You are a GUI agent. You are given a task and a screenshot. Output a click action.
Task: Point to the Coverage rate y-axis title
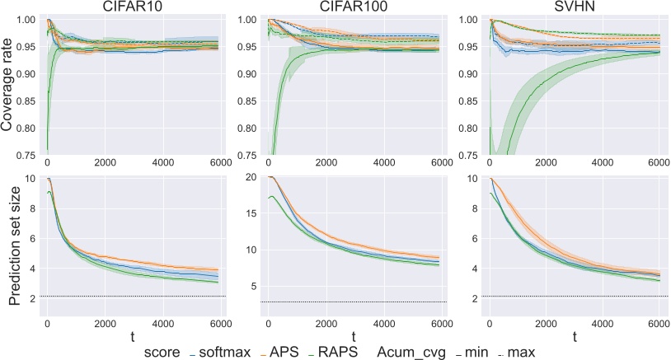tap(7, 86)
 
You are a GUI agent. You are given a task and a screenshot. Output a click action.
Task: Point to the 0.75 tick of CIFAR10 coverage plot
tap(27, 154)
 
